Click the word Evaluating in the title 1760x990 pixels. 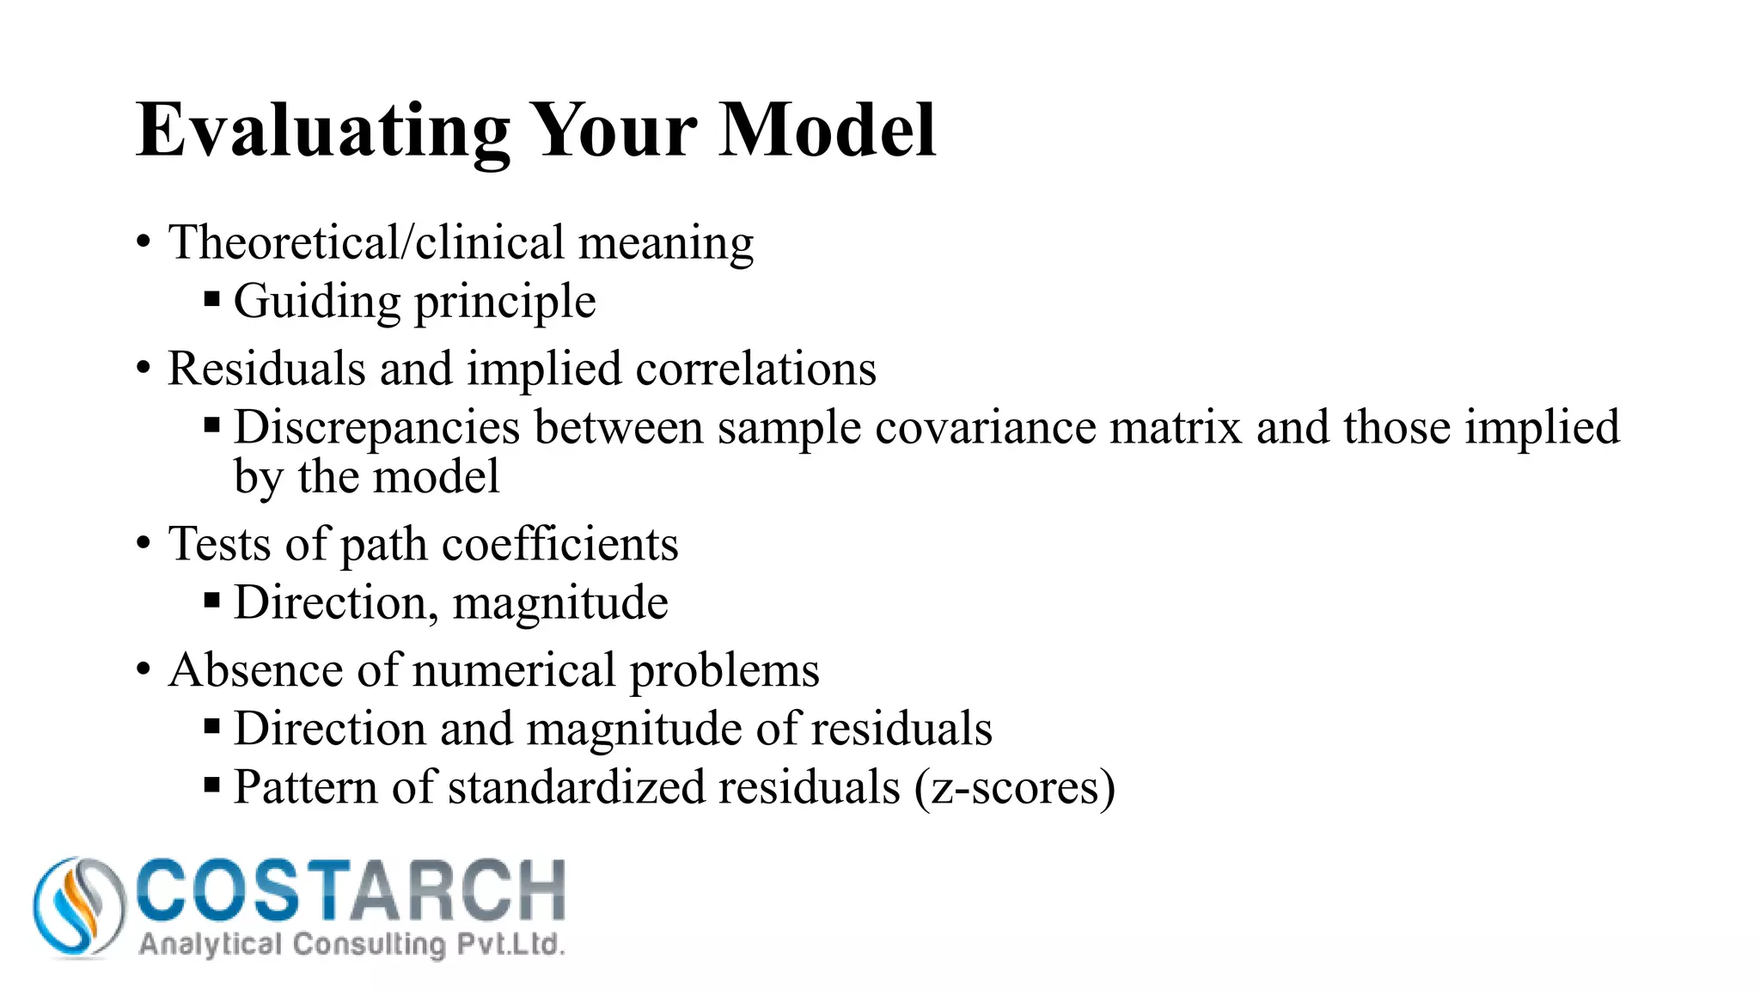(323, 131)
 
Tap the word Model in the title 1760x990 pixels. (827, 131)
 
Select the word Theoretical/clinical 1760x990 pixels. (365, 242)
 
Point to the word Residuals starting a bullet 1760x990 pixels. (266, 369)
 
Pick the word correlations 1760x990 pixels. (755, 369)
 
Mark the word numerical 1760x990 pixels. (508, 670)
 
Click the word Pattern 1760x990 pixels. (305, 787)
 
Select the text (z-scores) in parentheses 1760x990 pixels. (1014, 787)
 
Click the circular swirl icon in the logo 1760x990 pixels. (78, 907)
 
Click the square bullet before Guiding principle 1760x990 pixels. (212, 301)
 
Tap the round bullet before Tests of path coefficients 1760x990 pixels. (143, 544)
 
